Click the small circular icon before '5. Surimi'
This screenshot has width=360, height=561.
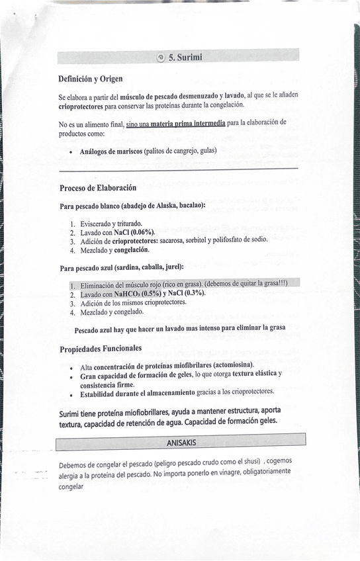pyautogui.click(x=161, y=57)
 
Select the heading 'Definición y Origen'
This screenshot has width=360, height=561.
pyautogui.click(x=90, y=79)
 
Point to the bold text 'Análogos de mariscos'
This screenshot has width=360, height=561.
pyautogui.click(x=111, y=151)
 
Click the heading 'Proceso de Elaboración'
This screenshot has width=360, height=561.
pyautogui.click(x=98, y=188)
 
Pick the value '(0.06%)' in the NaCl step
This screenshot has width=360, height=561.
pyautogui.click(x=142, y=232)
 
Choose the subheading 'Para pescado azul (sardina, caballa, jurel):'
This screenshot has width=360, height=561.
pyautogui.click(x=121, y=269)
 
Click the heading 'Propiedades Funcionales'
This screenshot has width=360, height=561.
pyautogui.click(x=100, y=349)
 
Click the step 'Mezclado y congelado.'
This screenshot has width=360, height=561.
pyautogui.click(x=112, y=312)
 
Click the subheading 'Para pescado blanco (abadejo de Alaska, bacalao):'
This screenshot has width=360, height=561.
pyautogui.click(x=132, y=206)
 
